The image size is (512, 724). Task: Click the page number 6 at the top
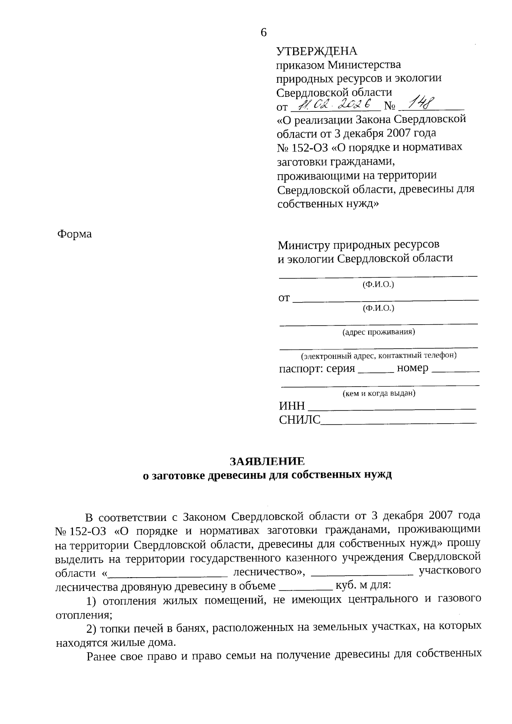coord(263,32)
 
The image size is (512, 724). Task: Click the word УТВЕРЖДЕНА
coord(317,52)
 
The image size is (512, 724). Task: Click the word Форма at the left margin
coord(74,234)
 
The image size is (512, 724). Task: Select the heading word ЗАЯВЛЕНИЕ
coord(267,462)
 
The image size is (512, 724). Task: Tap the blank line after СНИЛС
coord(398,422)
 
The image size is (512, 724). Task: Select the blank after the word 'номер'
coord(456,371)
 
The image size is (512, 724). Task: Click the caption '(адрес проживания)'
coord(378,332)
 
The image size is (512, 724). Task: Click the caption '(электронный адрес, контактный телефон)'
coord(378,355)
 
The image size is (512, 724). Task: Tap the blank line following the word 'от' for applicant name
coord(386,300)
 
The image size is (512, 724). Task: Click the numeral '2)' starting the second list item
coord(92,628)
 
